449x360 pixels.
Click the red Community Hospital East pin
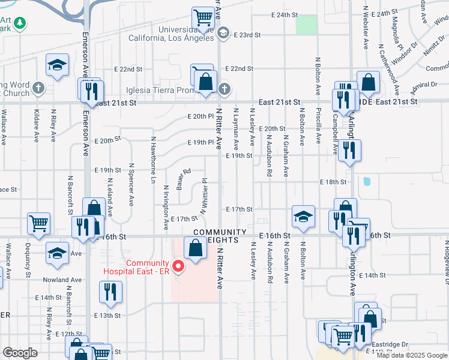point(178,266)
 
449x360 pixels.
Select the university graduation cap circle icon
point(223,32)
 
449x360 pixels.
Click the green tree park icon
point(20,23)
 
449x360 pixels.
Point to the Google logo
point(20,353)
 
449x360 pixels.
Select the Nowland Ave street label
point(66,280)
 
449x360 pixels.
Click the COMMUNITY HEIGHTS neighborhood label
point(220,236)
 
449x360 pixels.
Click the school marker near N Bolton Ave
point(304,217)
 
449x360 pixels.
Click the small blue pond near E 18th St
point(366,181)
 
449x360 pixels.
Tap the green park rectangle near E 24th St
point(306,25)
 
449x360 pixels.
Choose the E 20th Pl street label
point(200,116)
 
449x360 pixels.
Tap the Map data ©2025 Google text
point(412,355)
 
